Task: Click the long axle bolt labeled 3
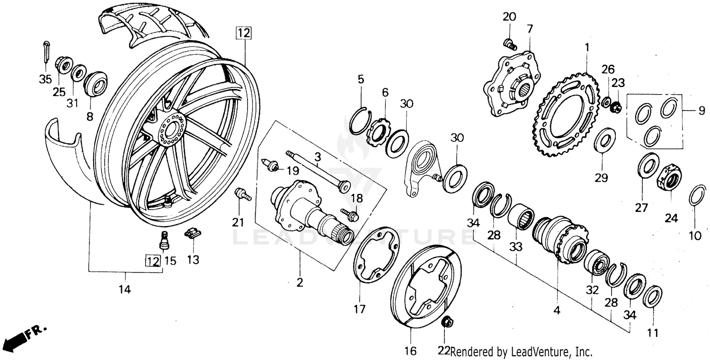click(x=315, y=170)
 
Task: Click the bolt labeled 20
click(x=509, y=44)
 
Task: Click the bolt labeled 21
click(x=242, y=194)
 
